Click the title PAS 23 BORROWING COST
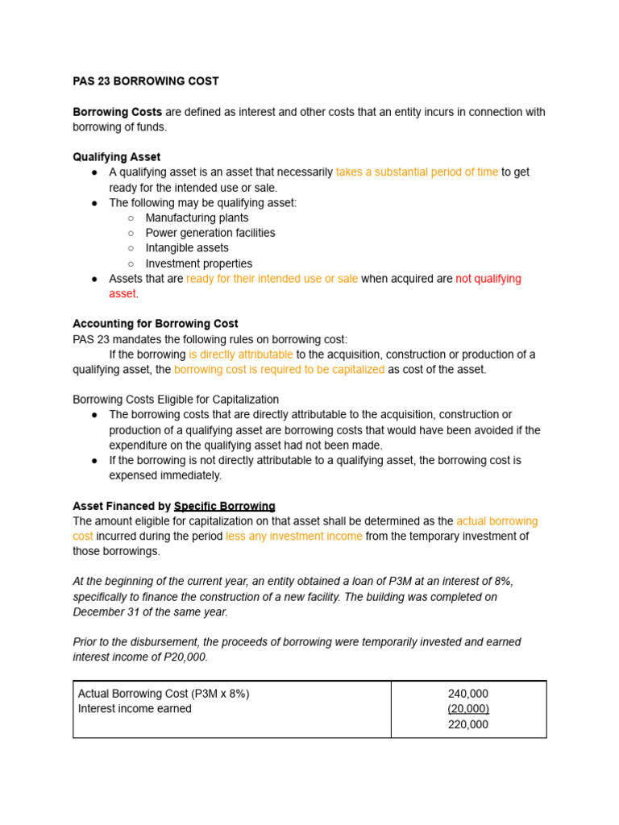click(x=146, y=81)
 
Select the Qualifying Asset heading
click(x=116, y=157)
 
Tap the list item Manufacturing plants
click(x=197, y=218)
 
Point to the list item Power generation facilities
click(x=210, y=233)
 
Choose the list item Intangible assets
click(x=186, y=248)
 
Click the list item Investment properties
click(x=198, y=263)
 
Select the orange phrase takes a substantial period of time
click(x=417, y=172)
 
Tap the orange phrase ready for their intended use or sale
click(x=272, y=279)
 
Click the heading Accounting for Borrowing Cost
click(x=156, y=324)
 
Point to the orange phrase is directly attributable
click(x=240, y=354)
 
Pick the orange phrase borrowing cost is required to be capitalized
click(x=279, y=370)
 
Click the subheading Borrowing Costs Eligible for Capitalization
click(x=176, y=400)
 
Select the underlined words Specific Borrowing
click(x=224, y=507)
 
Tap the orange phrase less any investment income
click(x=293, y=537)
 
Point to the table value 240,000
click(x=467, y=694)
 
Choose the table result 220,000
click(x=467, y=724)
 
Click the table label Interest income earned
click(x=135, y=709)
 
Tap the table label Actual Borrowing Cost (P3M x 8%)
click(x=164, y=694)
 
